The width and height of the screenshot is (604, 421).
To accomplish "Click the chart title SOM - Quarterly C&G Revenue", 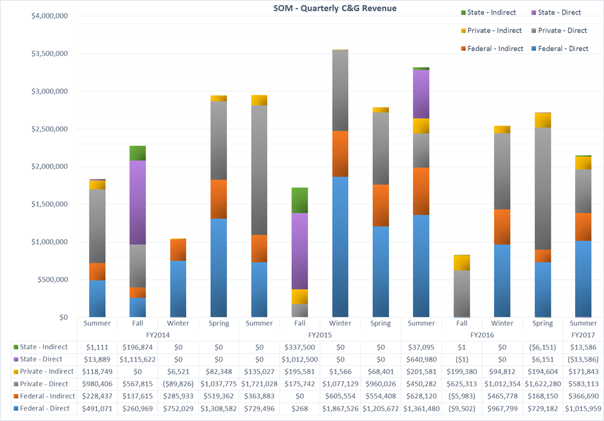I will tap(335, 8).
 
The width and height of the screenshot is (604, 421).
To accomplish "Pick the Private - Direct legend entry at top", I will tap(562, 31).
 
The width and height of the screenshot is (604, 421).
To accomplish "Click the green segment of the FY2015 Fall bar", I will tap(299, 200).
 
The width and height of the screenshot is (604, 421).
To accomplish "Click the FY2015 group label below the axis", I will tap(320, 335).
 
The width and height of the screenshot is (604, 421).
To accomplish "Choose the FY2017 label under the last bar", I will tap(583, 335).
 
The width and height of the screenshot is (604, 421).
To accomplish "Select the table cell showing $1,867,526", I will tap(340, 408).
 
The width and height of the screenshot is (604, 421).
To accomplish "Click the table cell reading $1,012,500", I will tap(299, 360).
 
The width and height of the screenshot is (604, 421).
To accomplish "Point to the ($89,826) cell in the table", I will tap(178, 384).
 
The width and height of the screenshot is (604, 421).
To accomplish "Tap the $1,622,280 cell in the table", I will tap(542, 384).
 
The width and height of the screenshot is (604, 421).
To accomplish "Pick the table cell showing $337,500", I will tap(299, 348).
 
